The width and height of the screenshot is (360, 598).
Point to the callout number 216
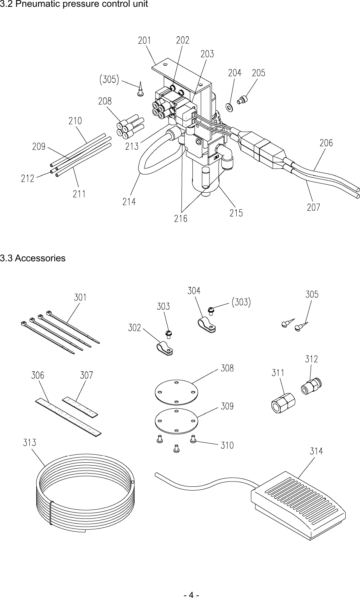180,218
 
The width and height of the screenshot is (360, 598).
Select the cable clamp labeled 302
165,348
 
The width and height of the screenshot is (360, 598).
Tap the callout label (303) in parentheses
241,302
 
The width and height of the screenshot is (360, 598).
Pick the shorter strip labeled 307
80,406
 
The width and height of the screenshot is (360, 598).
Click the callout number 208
105,101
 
